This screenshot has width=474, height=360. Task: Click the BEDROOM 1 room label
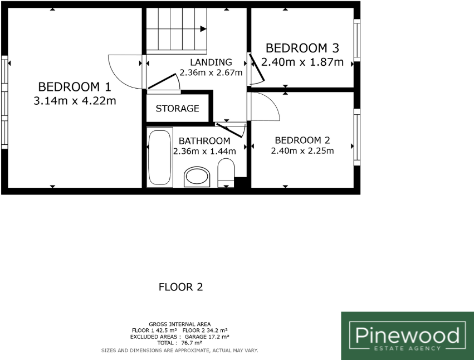click(75, 87)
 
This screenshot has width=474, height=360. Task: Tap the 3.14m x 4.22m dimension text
click(75, 101)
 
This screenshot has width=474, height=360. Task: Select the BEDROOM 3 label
click(302, 48)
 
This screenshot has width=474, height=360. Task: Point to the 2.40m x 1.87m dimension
click(302, 62)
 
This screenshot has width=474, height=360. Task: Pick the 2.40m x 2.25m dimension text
click(302, 151)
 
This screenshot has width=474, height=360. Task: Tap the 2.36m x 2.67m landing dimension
click(211, 72)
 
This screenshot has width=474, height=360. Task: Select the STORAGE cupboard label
click(177, 109)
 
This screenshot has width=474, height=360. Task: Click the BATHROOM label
click(204, 141)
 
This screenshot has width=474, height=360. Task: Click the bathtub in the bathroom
click(160, 158)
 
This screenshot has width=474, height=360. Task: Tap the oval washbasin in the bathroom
click(197, 177)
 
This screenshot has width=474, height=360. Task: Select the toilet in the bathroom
click(226, 171)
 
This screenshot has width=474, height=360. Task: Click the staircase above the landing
click(177, 26)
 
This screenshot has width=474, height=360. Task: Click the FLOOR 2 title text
click(180, 288)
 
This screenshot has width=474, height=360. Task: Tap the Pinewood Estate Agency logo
click(407, 335)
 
